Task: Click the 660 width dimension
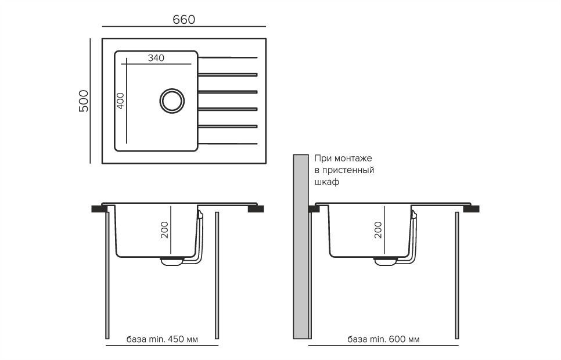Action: pos(184,19)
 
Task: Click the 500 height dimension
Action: pos(83,101)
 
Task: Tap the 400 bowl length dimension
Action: pos(120,101)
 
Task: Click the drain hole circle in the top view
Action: pos(171,100)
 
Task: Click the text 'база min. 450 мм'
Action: pos(162,339)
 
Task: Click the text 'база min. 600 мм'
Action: pos(383,339)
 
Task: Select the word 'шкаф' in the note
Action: pos(326,182)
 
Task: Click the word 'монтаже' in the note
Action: pos(353,158)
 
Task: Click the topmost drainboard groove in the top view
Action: pos(228,57)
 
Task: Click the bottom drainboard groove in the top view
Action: pos(228,143)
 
